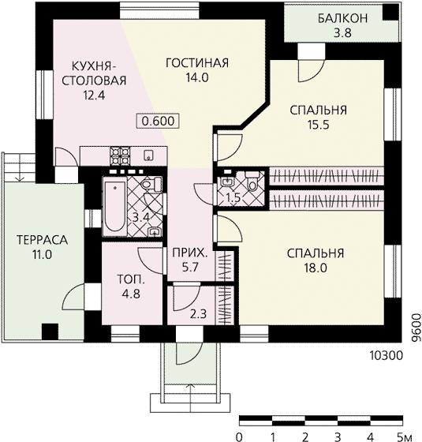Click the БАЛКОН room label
[342, 18]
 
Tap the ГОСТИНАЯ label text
[197, 63]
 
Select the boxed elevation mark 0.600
[158, 121]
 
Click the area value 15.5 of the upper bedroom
[318, 125]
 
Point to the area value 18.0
[316, 268]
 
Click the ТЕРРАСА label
[43, 240]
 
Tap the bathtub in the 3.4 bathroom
[114, 206]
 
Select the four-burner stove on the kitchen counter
[120, 155]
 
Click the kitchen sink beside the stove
[148, 155]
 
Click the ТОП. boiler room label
[131, 279]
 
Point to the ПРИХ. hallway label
[190, 253]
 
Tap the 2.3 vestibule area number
[198, 314]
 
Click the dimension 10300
[386, 356]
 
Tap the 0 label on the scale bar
[239, 437]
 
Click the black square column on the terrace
[50, 331]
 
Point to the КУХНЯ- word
[94, 66]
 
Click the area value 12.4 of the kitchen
[94, 96]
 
